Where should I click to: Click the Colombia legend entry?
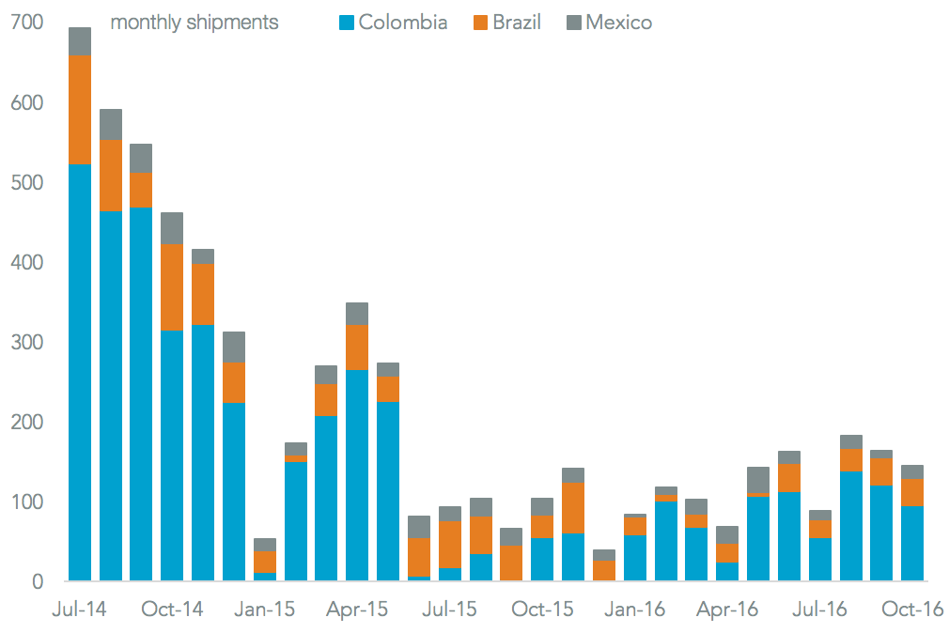393,22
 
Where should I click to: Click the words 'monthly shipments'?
194,23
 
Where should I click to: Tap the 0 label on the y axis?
36,582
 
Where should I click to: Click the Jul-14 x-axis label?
80,610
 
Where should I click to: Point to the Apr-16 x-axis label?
726,610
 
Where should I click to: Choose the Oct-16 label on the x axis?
911,610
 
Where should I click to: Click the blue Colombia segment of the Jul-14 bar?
80,376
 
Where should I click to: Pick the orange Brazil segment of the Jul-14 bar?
80,110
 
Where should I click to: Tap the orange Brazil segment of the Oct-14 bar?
172,286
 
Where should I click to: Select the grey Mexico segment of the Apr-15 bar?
357,314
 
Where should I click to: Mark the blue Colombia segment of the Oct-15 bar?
542,560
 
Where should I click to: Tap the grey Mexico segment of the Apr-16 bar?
726,535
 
